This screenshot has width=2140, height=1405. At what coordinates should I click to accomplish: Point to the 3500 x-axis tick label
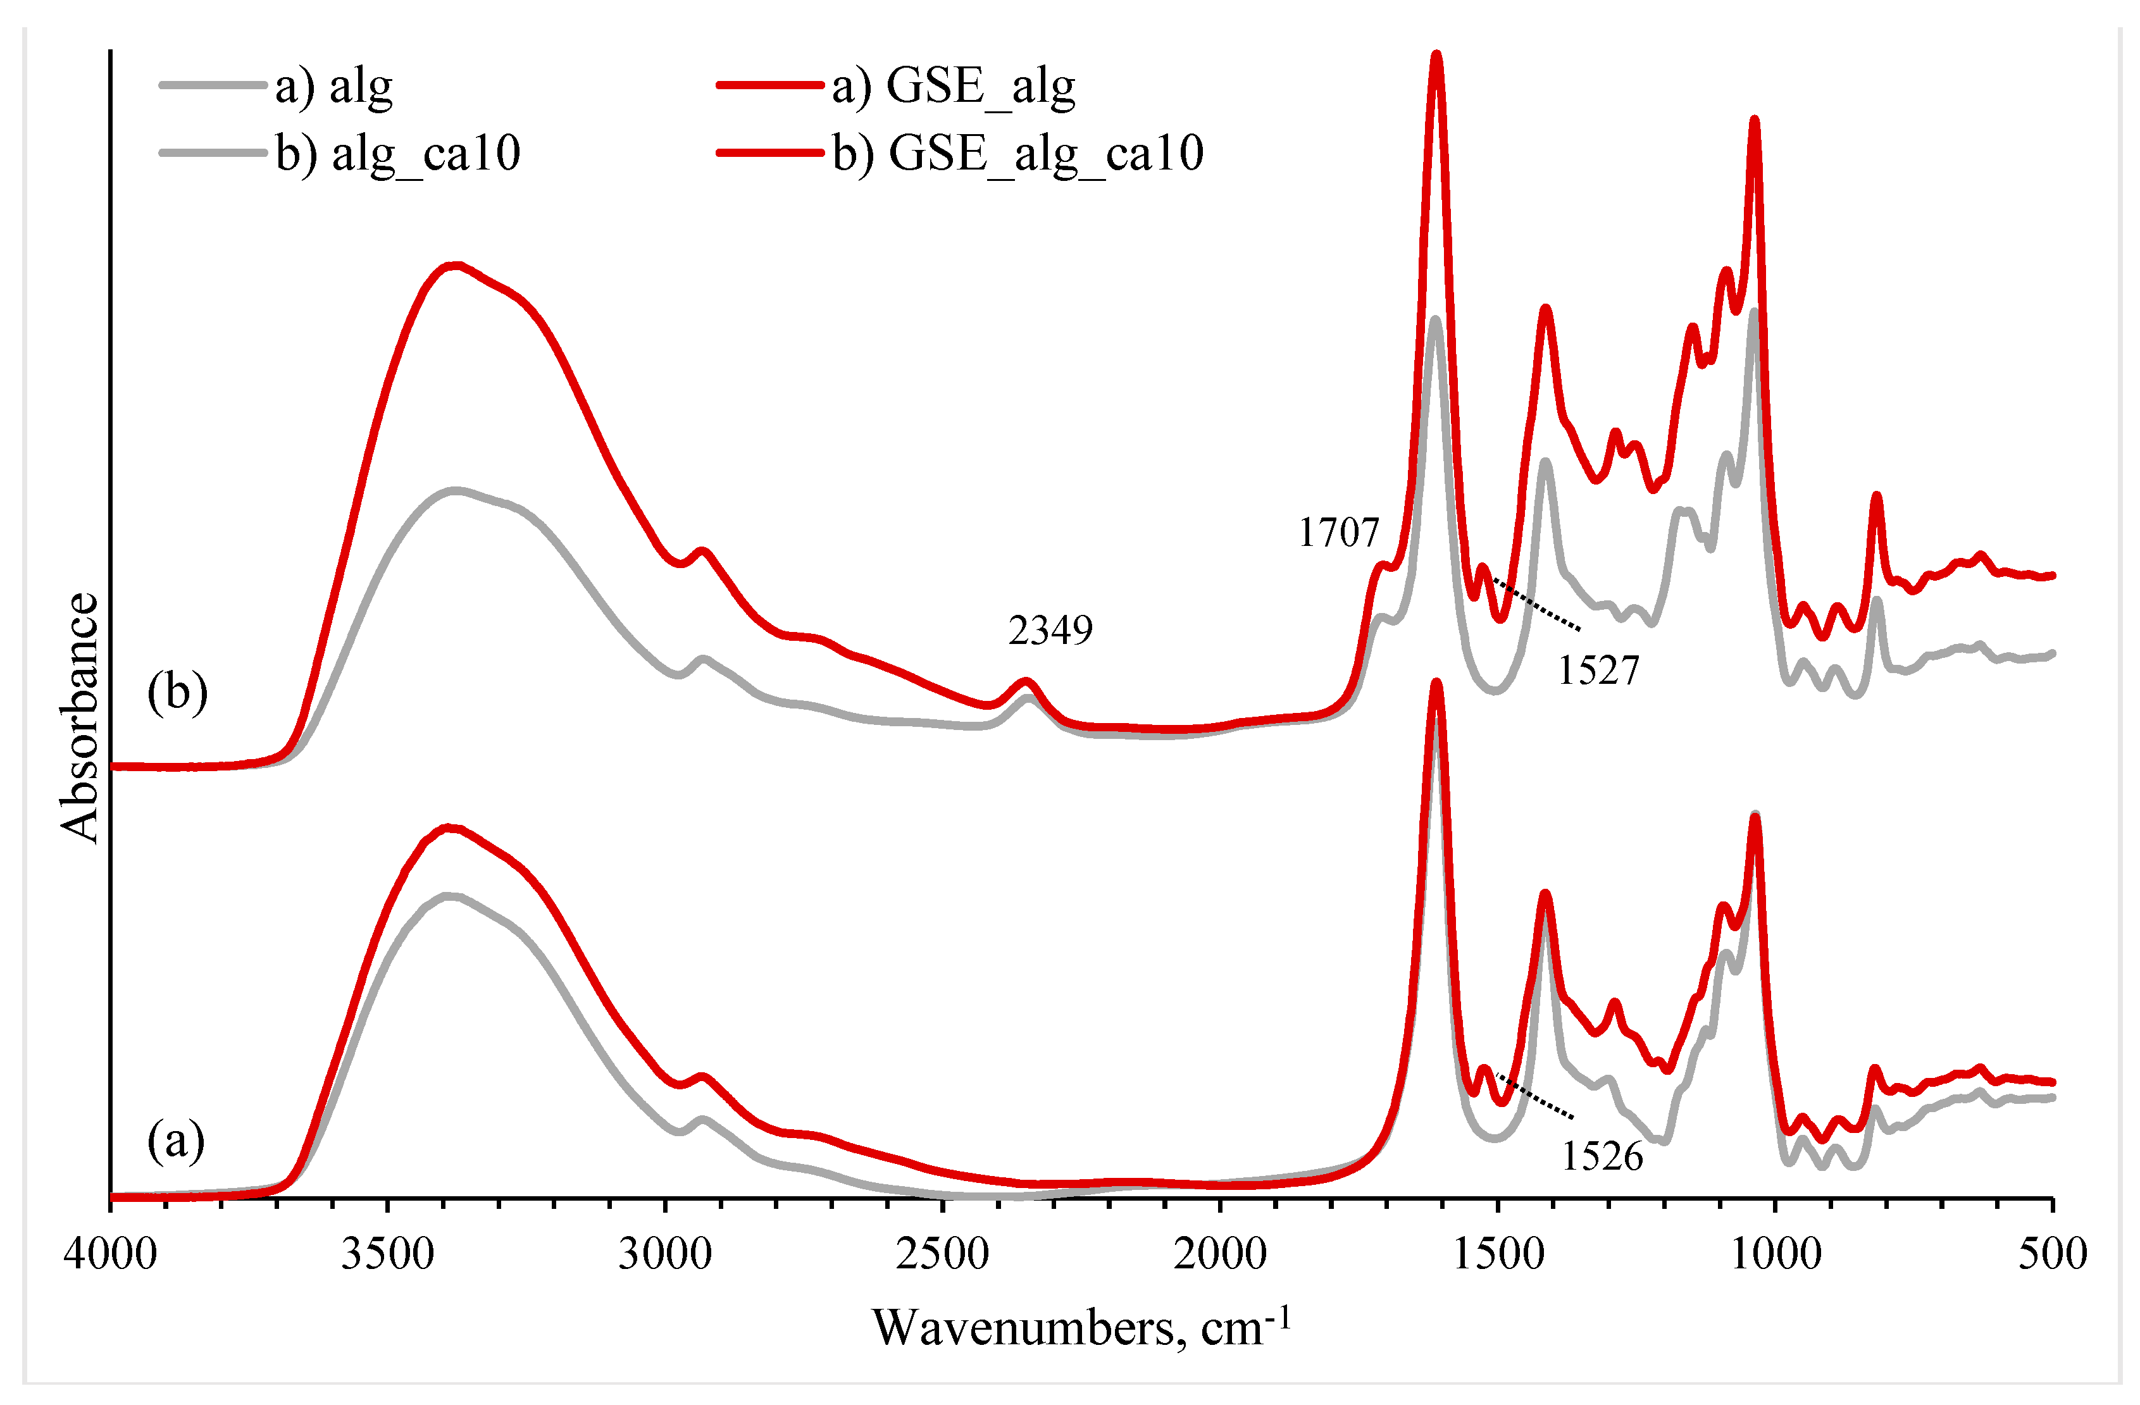387,1252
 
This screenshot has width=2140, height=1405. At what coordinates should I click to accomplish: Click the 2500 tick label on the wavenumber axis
942,1252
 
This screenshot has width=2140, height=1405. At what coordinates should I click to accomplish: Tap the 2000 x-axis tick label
1220,1252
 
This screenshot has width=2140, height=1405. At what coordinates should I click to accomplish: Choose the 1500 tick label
1498,1252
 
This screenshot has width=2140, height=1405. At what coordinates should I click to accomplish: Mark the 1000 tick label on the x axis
1775,1252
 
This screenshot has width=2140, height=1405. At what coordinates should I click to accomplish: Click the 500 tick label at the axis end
2053,1252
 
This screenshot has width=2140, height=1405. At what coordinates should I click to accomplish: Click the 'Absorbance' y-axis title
79,717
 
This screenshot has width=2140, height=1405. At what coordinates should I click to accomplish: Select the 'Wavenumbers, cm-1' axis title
1081,1327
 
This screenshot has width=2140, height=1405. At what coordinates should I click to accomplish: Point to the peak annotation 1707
1338,533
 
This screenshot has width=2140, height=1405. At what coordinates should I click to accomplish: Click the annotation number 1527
1599,671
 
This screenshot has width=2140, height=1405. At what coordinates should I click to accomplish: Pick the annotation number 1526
1602,1156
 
